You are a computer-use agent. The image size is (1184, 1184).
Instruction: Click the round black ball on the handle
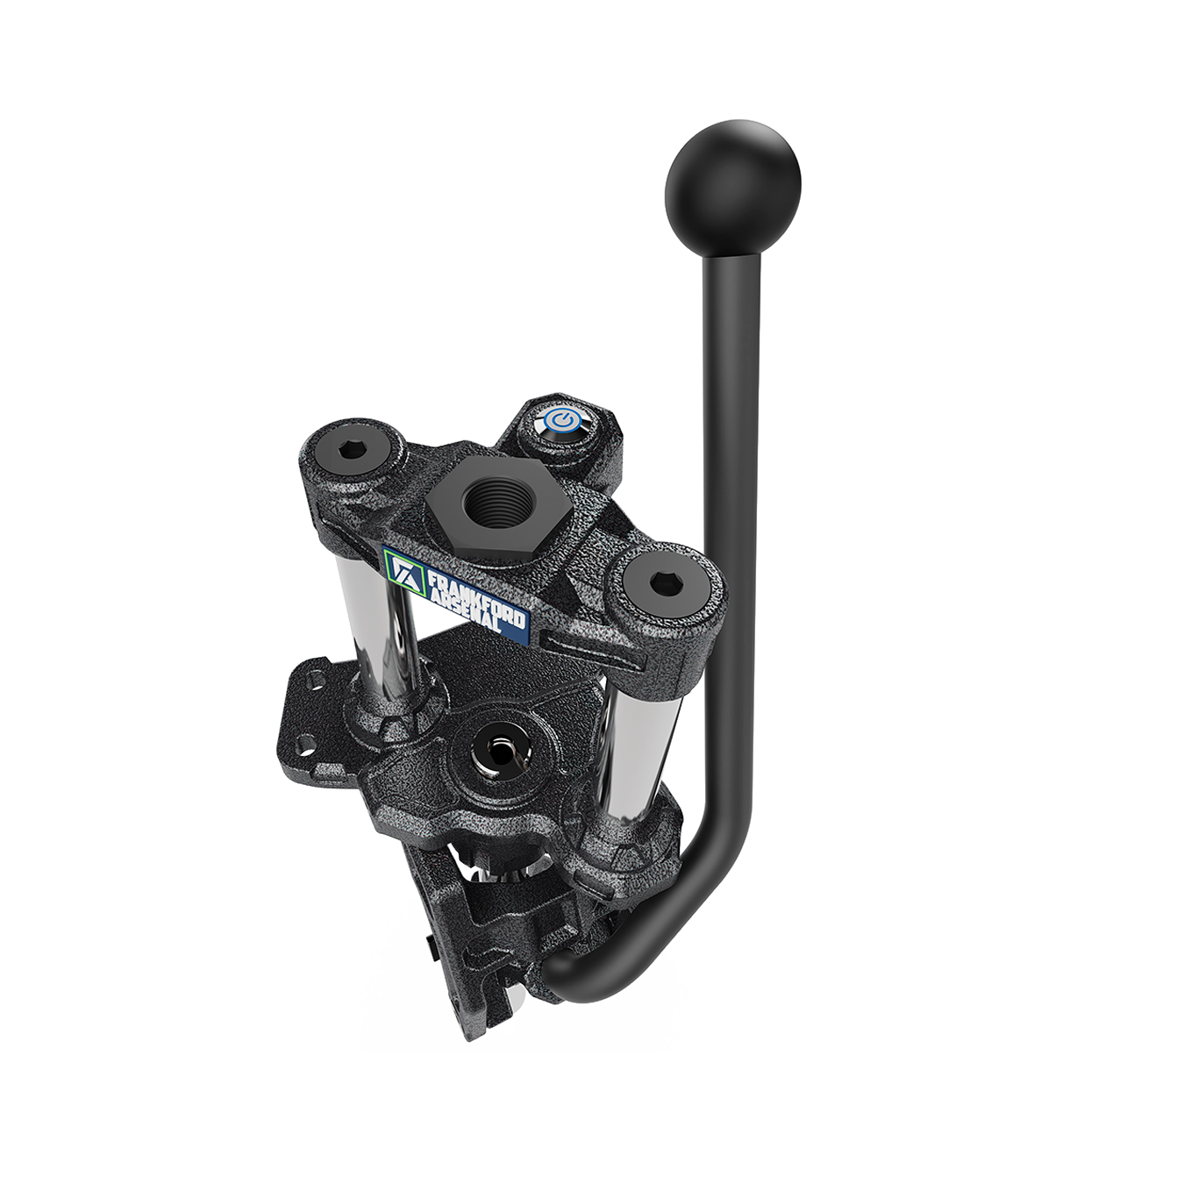[732, 189]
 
